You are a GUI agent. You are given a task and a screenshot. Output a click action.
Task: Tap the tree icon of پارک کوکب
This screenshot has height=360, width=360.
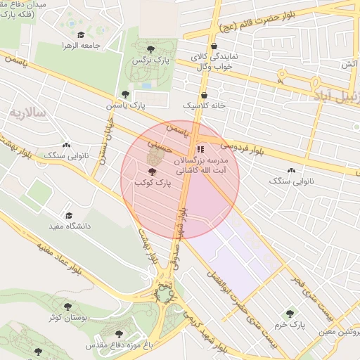click(153, 171)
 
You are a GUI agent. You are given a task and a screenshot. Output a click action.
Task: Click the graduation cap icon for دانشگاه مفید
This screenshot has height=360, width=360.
click(68, 215)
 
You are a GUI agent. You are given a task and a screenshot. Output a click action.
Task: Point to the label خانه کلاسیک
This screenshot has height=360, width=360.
click(203, 105)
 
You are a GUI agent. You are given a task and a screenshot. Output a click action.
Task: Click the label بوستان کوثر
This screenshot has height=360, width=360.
click(68, 319)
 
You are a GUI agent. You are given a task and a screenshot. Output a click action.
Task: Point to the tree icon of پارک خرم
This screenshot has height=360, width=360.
click(289, 314)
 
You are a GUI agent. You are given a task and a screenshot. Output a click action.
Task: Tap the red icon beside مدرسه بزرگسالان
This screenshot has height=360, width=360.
click(200, 149)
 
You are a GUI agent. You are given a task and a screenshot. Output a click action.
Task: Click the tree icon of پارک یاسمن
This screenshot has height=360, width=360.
click(125, 94)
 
